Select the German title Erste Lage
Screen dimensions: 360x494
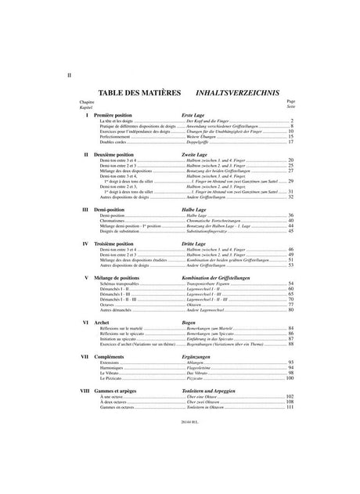point(193,115)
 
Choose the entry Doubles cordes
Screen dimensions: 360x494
point(113,142)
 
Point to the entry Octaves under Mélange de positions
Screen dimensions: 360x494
point(107,305)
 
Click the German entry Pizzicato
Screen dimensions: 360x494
point(193,378)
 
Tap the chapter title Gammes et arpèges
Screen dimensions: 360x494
point(119,390)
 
